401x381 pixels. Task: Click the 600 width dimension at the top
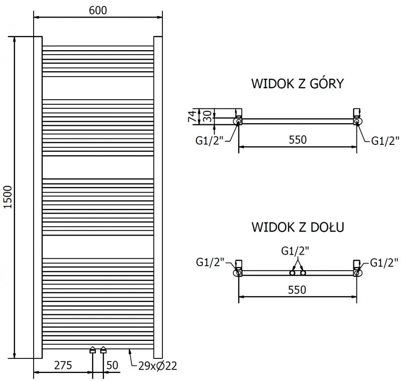coord(98,11)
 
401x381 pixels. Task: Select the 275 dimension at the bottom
coord(63,365)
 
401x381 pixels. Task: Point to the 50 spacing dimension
coord(113,365)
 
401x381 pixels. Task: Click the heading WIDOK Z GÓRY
coord(297,84)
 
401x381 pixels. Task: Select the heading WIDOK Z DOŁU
coord(297,228)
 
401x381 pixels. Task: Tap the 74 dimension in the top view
coord(191,116)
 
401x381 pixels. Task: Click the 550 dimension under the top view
coord(297,140)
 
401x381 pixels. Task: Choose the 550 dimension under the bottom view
coord(297,289)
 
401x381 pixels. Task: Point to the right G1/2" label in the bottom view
coord(385,262)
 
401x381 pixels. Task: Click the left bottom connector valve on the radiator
coord(93,350)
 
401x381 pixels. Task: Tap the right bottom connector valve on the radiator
coord(103,350)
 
